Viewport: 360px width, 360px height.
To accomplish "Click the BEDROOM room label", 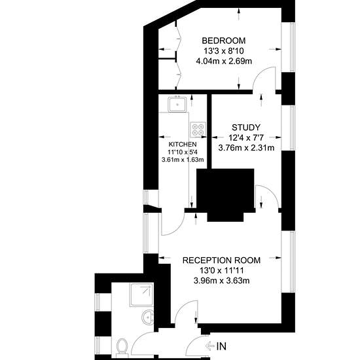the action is pos(224,41).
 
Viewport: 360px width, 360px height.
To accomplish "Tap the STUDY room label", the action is pos(246,128).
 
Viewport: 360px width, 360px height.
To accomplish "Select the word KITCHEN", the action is pos(183,145).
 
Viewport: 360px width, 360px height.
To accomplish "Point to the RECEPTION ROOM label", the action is pos(221,261).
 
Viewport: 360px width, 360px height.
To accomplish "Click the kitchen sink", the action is pos(177,104).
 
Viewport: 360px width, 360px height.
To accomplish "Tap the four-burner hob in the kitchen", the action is pos(198,130).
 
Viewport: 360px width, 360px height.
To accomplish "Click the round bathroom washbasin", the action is pos(148,317).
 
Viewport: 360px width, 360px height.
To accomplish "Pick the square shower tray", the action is pos(141,295).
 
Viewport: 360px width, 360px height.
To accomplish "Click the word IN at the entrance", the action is pos(221,346).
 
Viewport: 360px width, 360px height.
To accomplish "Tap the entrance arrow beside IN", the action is pos(210,346).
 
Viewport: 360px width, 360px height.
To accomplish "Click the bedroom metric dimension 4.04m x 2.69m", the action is pos(224,61).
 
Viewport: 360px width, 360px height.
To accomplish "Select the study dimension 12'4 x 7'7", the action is pos(246,137).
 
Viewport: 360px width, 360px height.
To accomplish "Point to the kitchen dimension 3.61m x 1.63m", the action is pos(183,160).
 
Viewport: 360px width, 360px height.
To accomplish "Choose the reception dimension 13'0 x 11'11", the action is pos(221,271).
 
